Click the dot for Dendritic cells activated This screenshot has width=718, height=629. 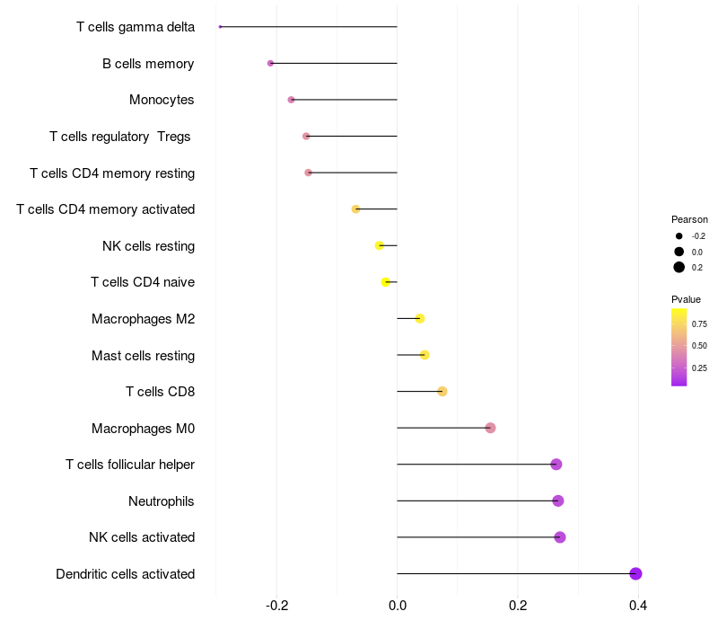click(x=635, y=574)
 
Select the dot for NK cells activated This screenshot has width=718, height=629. click(x=560, y=537)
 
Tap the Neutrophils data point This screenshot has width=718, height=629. click(x=558, y=501)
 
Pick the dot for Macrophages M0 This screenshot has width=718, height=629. click(x=490, y=428)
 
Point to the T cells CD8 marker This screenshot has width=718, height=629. click(x=442, y=391)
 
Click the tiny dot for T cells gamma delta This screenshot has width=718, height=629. click(x=220, y=27)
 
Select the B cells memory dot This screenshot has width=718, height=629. click(x=270, y=63)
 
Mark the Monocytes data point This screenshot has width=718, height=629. click(x=291, y=100)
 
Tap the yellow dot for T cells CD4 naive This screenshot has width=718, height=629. click(x=386, y=282)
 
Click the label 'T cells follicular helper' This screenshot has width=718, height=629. click(x=130, y=465)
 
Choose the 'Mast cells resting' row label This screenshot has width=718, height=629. click(x=143, y=356)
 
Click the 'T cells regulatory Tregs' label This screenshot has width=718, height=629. click(x=120, y=137)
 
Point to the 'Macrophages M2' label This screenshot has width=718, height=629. click(x=143, y=319)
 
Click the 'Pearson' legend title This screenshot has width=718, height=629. click(x=689, y=219)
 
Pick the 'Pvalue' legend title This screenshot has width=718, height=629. click(x=686, y=299)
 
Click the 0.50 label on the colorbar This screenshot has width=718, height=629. click(x=699, y=346)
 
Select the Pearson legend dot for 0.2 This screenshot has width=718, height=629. click(x=679, y=267)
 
